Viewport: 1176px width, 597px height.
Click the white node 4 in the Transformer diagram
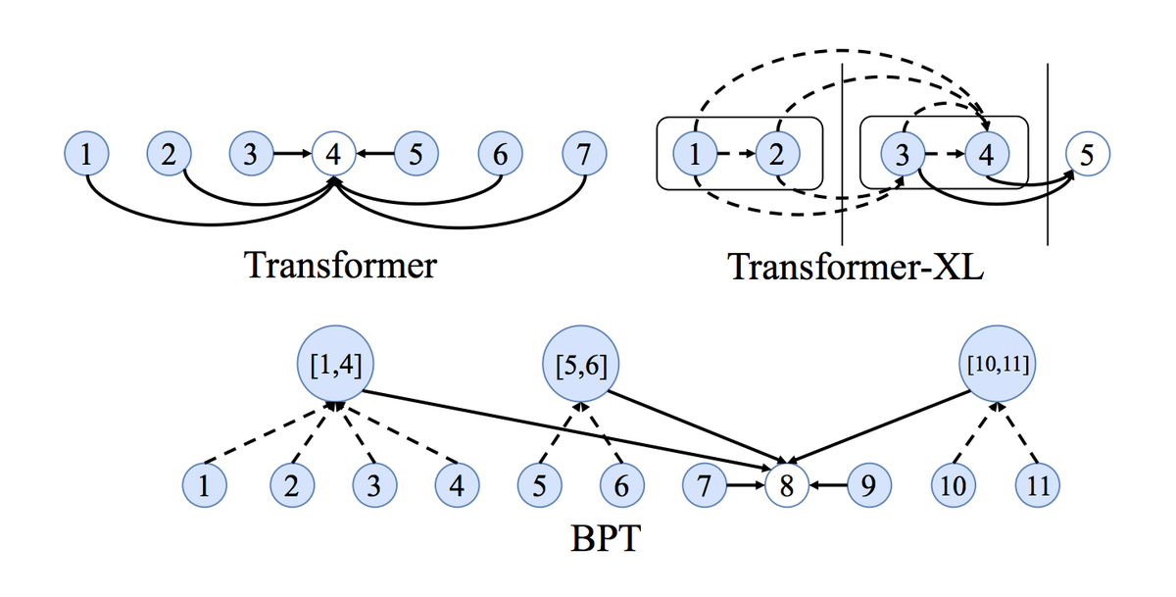coord(334,154)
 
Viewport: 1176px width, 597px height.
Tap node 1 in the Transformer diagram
coord(86,154)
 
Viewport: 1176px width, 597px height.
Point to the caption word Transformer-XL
coord(856,267)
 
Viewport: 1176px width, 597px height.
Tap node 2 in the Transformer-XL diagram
coord(777,154)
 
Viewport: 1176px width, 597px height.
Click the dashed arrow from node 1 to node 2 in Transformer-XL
coord(736,154)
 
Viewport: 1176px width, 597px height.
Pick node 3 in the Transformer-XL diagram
coord(903,154)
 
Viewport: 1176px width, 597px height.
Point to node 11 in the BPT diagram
coord(1039,484)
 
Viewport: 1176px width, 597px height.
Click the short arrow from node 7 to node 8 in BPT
coord(743,484)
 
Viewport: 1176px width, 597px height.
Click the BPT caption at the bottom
coord(604,540)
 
